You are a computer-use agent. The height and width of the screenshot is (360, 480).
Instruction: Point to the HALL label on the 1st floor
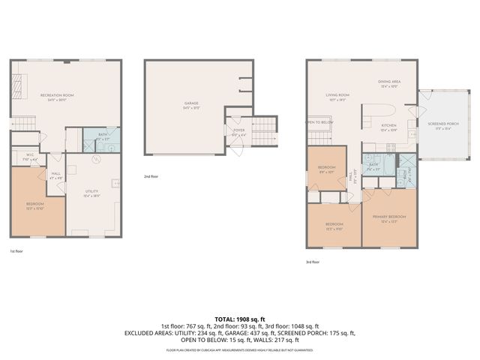[x=55, y=176]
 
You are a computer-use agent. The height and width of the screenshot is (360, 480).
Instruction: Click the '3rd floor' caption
[x=313, y=262]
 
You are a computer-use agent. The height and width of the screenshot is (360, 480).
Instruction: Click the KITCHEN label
[x=388, y=125]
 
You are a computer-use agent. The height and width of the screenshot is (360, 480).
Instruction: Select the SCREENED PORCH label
[x=439, y=125]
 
